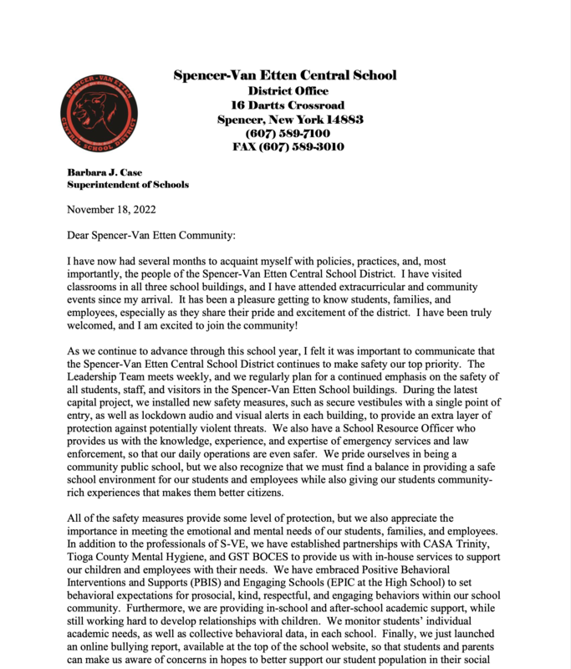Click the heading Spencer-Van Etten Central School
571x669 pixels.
pyautogui.click(x=285, y=75)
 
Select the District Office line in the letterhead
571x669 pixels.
pyautogui.click(x=288, y=91)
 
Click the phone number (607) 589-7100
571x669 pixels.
pyautogui.click(x=288, y=134)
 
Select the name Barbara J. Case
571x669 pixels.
pyautogui.click(x=105, y=172)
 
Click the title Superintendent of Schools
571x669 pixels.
pyautogui.click(x=128, y=185)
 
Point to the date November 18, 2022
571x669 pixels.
pyautogui.click(x=111, y=210)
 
